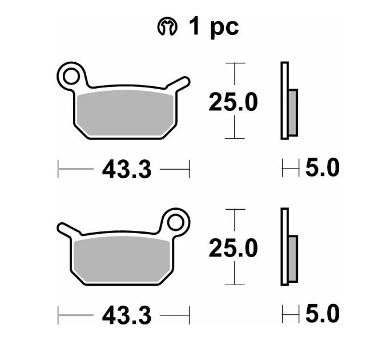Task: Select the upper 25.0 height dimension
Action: click(x=233, y=102)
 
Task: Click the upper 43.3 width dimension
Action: click(x=126, y=169)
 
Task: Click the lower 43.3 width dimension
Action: click(x=126, y=315)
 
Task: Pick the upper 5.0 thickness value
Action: click(x=322, y=169)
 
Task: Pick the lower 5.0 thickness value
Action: click(x=322, y=314)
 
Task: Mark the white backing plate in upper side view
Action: click(x=284, y=101)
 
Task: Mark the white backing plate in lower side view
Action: click(x=284, y=246)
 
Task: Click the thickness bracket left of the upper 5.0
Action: click(x=291, y=169)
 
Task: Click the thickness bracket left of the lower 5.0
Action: click(x=291, y=314)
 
